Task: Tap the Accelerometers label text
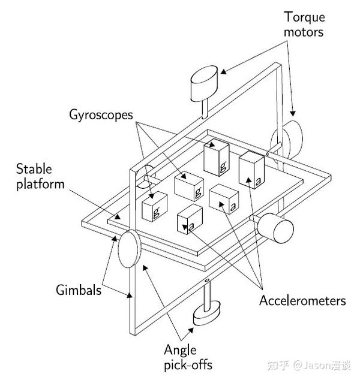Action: [302, 300]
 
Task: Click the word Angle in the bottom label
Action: [180, 350]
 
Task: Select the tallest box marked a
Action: [251, 170]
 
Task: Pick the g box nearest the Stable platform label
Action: [154, 207]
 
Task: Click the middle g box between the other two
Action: [188, 186]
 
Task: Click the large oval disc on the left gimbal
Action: [128, 251]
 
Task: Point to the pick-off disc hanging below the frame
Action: [206, 313]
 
